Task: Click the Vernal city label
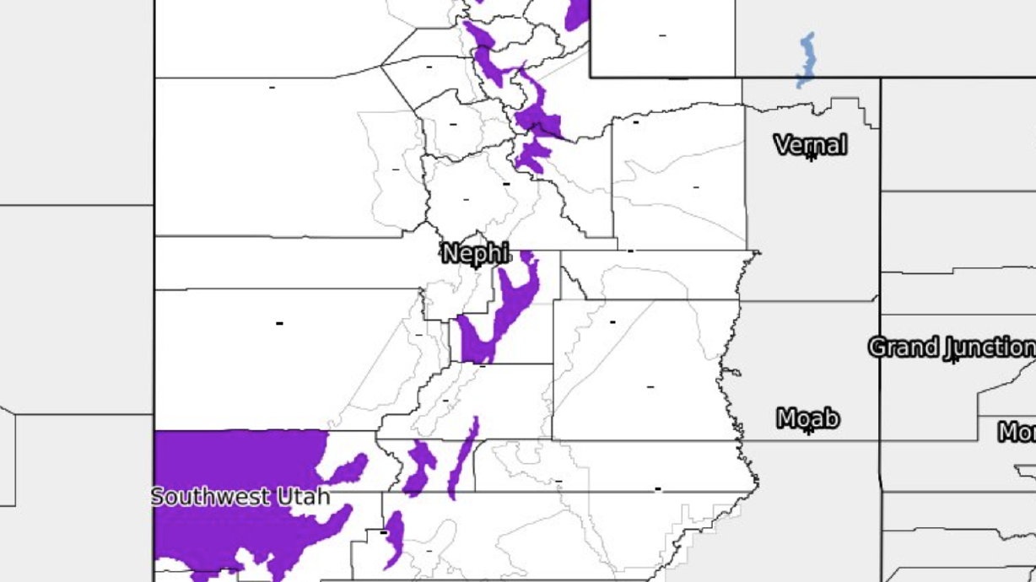click(x=810, y=145)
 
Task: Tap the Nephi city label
click(x=476, y=252)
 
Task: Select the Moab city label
click(x=807, y=418)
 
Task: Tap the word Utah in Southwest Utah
click(x=300, y=497)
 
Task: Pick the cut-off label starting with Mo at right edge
click(x=1017, y=432)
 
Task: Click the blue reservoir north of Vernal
click(x=807, y=60)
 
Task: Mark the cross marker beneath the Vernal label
click(x=811, y=157)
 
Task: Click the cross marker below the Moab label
click(x=808, y=430)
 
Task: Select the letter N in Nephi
click(x=451, y=252)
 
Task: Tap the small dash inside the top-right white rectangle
click(x=662, y=35)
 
